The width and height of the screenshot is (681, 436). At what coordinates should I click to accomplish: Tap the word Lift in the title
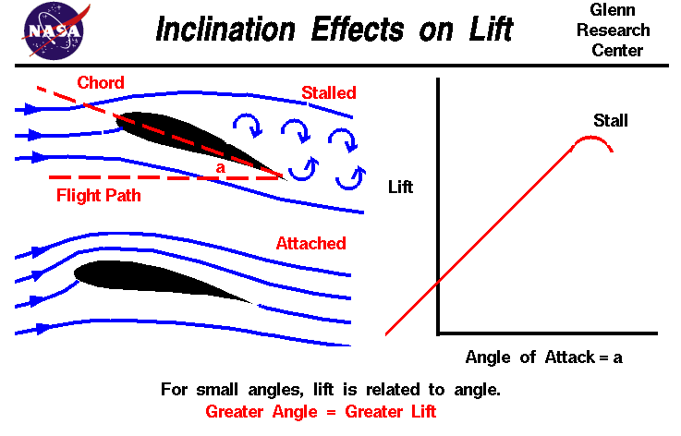click(490, 29)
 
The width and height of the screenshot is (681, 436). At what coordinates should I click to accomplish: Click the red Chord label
click(101, 83)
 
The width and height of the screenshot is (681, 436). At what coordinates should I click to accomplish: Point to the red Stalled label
click(328, 93)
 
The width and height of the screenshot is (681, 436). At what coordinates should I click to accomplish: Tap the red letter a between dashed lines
click(219, 168)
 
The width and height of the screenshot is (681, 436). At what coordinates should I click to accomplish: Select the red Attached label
click(310, 244)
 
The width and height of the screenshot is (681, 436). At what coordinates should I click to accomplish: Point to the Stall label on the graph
click(610, 121)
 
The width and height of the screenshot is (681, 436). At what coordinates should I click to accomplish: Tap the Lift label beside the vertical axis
click(400, 188)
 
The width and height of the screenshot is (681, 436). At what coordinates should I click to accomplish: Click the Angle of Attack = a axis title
click(544, 357)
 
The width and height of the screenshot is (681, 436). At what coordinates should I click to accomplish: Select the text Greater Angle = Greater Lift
click(320, 411)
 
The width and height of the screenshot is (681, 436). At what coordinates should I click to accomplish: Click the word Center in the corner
click(618, 50)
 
